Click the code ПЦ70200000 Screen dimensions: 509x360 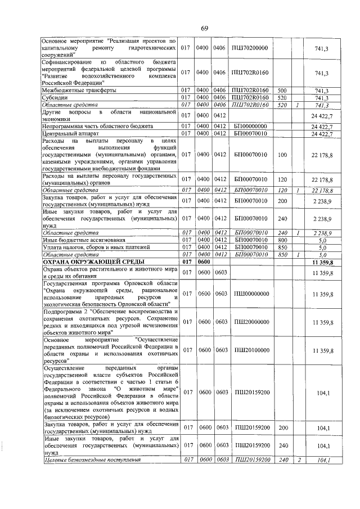(249, 49)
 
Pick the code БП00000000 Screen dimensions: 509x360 (249, 125)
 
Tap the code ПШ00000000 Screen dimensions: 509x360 (249, 294)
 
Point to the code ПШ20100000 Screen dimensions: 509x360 (249, 350)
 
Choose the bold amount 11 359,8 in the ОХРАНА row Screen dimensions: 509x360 (322, 262)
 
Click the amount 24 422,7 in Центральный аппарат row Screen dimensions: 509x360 (322, 133)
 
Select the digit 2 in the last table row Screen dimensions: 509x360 (300, 461)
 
